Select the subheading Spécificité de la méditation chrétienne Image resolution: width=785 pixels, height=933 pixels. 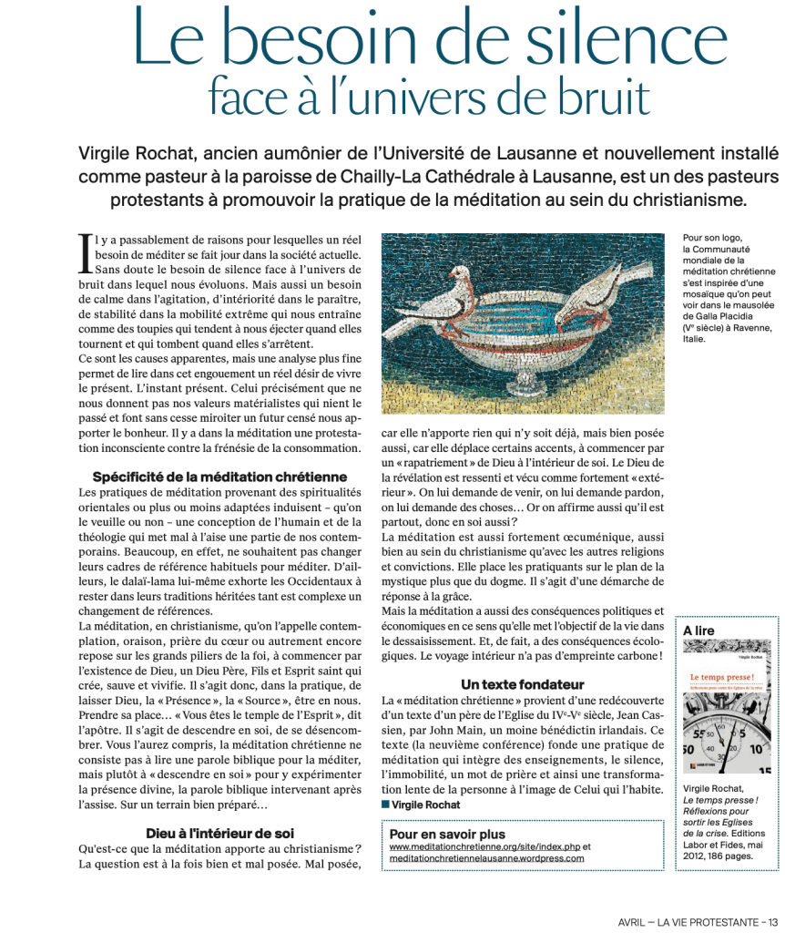(x=219, y=477)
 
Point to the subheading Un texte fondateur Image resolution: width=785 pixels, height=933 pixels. (x=523, y=684)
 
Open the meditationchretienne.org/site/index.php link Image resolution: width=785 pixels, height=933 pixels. (x=484, y=846)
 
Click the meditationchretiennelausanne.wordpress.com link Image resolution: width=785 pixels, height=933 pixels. (x=486, y=858)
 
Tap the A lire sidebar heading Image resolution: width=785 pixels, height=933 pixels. (x=699, y=631)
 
